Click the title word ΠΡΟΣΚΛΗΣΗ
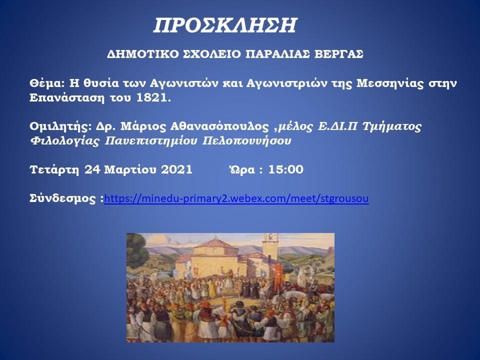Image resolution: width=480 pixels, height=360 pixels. (x=225, y=25)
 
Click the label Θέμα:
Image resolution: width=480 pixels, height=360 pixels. (x=47, y=83)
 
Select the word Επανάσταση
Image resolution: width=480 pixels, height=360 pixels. (x=67, y=98)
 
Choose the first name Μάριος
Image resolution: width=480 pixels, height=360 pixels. (x=141, y=126)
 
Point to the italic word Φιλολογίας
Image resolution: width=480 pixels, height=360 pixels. (x=65, y=141)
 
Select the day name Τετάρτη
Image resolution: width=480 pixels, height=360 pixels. (x=54, y=169)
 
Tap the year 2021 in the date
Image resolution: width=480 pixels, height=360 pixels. (x=176, y=169)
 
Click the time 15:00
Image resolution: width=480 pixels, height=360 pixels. (x=286, y=169)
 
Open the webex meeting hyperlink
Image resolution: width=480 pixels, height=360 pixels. (x=236, y=198)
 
